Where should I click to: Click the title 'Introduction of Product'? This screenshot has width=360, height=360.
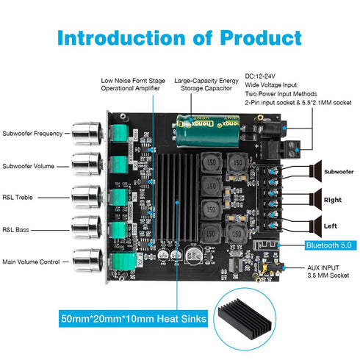[x=179, y=37]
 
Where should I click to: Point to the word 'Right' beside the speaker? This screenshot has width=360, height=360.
[x=333, y=199]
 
